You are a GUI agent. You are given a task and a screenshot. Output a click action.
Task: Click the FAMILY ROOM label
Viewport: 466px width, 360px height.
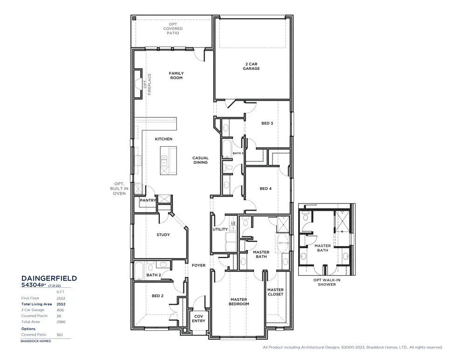point(176,75)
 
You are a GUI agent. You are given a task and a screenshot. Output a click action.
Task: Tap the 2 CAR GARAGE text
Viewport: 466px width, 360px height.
point(251,66)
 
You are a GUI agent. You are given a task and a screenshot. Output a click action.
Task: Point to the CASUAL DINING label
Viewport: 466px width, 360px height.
point(200,160)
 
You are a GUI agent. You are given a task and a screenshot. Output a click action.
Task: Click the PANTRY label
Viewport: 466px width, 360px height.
point(147,201)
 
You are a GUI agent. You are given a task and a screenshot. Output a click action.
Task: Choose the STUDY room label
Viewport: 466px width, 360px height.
point(163,235)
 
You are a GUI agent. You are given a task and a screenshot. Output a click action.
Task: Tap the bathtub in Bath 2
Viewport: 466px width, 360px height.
point(138,271)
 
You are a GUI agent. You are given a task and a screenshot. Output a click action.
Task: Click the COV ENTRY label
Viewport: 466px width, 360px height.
point(199,318)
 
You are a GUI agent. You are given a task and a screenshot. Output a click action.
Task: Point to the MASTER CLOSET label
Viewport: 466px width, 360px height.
point(275,292)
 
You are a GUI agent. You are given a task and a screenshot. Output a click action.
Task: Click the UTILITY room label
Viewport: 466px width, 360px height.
point(220,229)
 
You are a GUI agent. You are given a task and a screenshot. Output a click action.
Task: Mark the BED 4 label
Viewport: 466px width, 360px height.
point(266,189)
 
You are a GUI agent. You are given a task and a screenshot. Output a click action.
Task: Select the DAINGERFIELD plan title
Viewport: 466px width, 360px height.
point(49,278)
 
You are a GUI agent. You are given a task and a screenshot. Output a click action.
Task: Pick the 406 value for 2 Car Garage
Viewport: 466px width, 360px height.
point(60,310)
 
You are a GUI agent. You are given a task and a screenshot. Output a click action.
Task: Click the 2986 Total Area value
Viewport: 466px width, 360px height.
point(60,322)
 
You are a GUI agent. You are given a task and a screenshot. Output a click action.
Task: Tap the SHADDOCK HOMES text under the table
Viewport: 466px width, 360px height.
point(35,341)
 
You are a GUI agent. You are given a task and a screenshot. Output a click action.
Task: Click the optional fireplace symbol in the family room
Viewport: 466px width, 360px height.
point(138,84)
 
